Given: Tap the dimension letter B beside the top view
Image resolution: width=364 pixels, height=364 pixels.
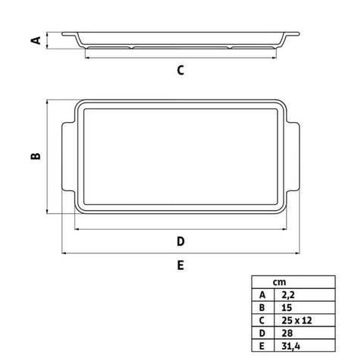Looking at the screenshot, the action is point(36,156).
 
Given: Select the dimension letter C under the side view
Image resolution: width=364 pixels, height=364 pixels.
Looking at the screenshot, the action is point(180,71).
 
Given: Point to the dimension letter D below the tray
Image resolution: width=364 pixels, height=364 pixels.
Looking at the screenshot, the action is point(180,242).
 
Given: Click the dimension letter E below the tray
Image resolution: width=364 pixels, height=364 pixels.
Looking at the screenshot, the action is point(180,265).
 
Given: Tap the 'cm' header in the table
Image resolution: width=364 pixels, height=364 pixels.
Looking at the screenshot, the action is point(279,282).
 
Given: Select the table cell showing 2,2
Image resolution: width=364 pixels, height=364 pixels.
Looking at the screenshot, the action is point(305,295).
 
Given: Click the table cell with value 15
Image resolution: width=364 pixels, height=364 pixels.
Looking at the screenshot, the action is point(305,307).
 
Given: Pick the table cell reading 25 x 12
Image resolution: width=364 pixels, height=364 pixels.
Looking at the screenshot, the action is point(305,320).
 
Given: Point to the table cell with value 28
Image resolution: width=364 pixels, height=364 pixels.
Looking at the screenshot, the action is point(305,333).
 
